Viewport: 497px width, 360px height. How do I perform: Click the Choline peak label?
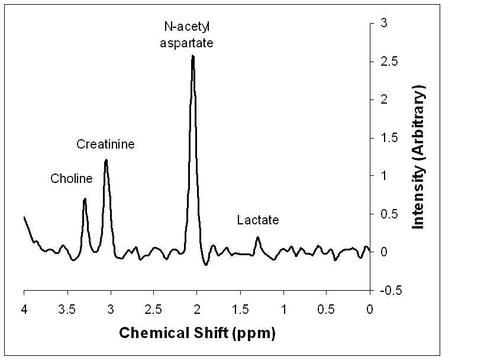click(72, 179)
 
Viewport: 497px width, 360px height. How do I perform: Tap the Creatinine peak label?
click(106, 144)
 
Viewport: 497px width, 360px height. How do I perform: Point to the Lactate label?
click(257, 220)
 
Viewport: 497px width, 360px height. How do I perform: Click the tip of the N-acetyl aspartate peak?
click(193, 56)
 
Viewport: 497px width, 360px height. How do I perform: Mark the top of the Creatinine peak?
click(106, 160)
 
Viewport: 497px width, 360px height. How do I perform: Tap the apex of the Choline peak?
click(85, 199)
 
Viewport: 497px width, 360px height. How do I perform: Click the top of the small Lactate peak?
click(257, 237)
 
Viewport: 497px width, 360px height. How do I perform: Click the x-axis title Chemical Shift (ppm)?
click(198, 333)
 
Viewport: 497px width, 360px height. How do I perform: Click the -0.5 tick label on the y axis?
click(387, 290)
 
